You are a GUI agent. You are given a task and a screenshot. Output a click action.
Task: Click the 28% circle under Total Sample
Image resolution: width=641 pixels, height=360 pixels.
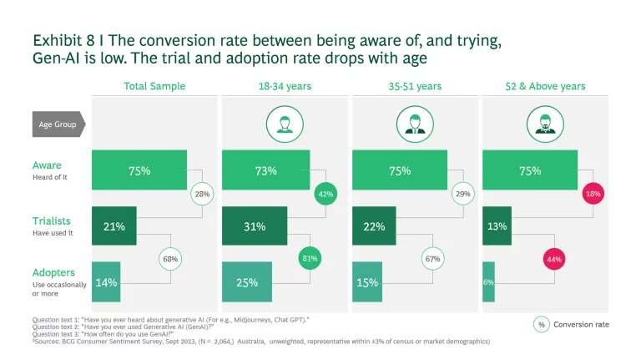click(202, 194)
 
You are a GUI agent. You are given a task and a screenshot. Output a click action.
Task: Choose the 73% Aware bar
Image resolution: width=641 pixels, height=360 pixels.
click(266, 171)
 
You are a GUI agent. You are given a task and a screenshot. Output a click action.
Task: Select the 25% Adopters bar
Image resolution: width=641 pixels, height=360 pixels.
click(247, 282)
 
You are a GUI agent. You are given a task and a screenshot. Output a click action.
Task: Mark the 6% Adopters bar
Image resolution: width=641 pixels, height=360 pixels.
click(487, 282)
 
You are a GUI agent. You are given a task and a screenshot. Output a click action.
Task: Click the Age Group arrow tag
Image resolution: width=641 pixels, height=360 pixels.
click(57, 124)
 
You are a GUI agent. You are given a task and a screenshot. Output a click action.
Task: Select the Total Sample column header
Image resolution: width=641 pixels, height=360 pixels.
click(154, 86)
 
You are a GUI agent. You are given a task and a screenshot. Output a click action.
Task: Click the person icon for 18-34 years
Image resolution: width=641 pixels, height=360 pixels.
click(284, 124)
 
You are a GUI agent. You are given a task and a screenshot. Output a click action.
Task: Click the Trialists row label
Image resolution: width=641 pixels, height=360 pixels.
click(51, 222)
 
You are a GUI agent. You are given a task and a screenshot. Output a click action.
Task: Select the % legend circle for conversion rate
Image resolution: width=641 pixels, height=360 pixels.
click(541, 324)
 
